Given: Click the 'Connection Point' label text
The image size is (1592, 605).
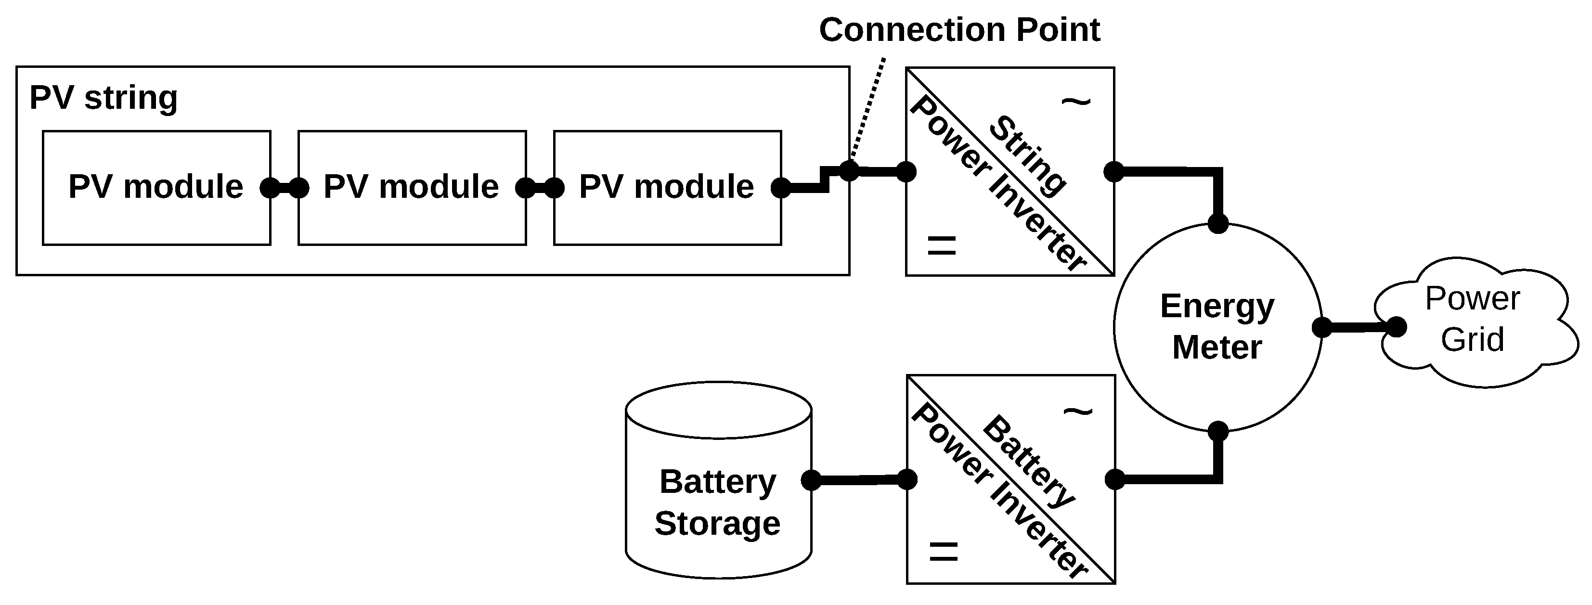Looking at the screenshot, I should (x=959, y=30).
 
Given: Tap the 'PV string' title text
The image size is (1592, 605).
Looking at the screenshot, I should (x=104, y=98).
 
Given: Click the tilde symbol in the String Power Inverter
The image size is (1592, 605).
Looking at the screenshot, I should (x=1076, y=102).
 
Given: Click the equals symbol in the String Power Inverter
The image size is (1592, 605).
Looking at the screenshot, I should (x=942, y=245).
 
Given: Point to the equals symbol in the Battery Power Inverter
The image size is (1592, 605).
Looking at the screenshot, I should (x=944, y=551).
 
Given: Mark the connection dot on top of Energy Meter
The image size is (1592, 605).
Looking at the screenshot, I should (x=1218, y=224).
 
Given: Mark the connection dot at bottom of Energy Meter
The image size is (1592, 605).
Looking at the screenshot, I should (x=1218, y=431).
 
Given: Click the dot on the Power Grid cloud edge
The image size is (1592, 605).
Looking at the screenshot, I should (x=1397, y=327).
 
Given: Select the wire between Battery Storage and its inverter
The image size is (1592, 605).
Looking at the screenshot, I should (x=859, y=479).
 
